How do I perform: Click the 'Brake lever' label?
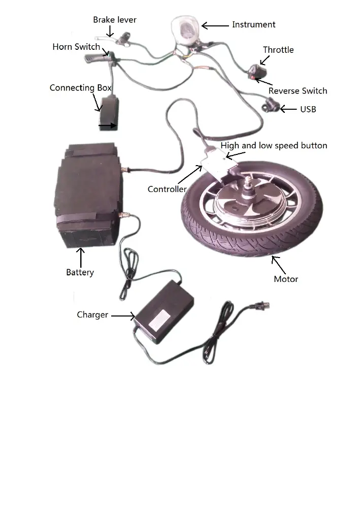point(114,20)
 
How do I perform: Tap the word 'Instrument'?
point(253,24)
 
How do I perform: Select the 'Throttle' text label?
point(278,50)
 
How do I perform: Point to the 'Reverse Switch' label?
point(298,91)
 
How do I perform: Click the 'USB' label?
point(308,109)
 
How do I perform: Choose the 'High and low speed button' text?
point(274,146)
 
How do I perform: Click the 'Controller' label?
point(167,189)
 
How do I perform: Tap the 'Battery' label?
point(80,272)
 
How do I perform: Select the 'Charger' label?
point(92,315)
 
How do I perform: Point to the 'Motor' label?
point(286,279)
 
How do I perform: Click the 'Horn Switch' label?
point(76,47)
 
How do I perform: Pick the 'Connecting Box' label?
point(80,88)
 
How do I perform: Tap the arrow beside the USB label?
point(288,109)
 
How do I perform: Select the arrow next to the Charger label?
point(122,315)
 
